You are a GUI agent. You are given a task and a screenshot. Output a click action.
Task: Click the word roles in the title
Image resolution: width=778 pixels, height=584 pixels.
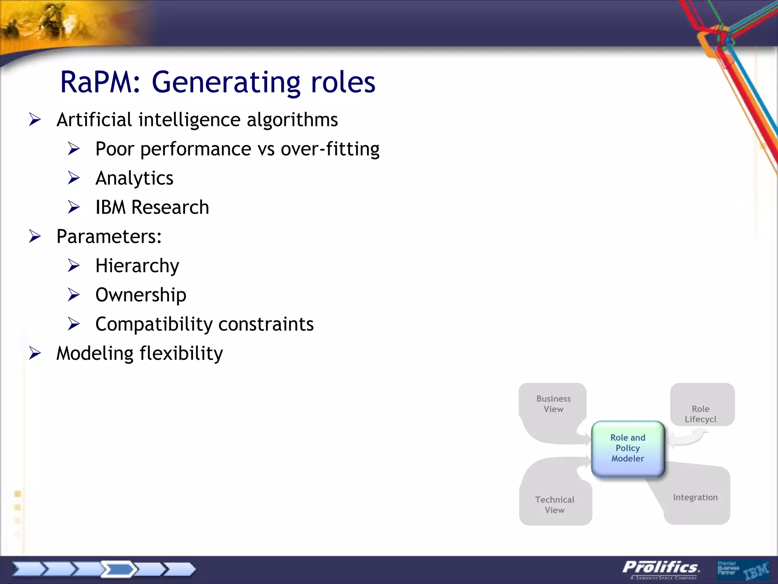[343, 82]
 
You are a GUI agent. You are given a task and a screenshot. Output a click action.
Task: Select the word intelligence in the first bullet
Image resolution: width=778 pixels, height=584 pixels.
[189, 120]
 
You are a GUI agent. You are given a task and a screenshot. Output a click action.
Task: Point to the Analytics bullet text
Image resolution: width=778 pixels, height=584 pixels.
[134, 178]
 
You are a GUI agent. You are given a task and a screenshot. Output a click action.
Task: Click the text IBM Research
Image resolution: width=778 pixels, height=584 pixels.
[152, 207]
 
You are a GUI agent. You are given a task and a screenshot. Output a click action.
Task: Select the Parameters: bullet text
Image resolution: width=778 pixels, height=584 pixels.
[109, 236]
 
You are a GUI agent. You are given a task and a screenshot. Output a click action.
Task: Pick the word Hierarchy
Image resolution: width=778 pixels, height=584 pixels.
[137, 266]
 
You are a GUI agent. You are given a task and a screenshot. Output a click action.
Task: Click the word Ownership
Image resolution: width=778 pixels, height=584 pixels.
[141, 295]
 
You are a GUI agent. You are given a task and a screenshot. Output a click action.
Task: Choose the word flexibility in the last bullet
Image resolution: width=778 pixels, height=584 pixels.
[181, 354]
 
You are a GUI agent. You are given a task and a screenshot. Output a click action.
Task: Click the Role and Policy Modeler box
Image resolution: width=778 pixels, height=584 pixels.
[628, 448]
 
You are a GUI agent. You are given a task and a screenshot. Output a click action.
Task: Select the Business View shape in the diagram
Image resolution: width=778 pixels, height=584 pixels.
[553, 404]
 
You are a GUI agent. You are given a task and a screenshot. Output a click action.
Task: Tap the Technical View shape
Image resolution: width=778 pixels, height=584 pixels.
[555, 505]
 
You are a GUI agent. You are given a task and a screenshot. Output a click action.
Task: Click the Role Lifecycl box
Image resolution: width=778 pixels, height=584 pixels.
[701, 414]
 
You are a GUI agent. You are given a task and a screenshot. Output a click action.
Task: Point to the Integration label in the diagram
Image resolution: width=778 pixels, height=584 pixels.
[695, 497]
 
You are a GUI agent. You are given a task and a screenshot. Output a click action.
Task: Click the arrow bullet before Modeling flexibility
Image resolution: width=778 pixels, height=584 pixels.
[35, 354]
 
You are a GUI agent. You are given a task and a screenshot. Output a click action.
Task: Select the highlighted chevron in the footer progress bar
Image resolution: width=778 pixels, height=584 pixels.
[119, 569]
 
